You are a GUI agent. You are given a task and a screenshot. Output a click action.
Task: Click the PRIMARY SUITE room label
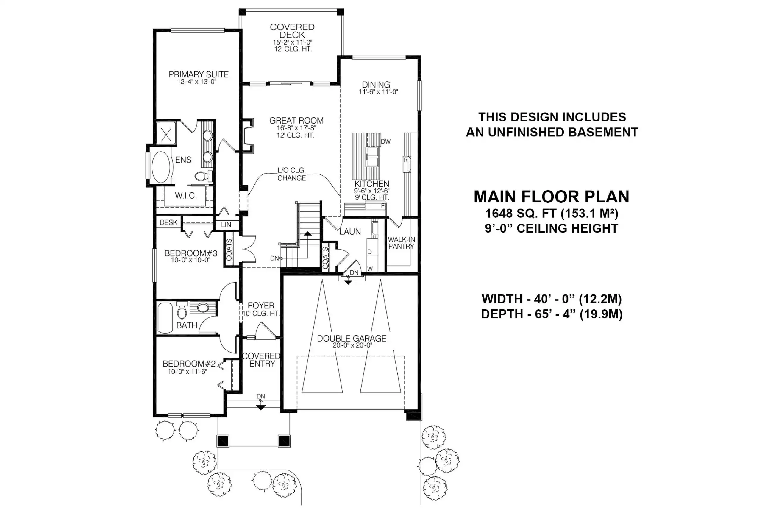(x=199, y=74)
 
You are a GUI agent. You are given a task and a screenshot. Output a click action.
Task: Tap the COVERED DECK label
(x=292, y=31)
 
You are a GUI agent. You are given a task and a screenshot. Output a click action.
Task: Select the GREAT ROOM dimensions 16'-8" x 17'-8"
(x=296, y=128)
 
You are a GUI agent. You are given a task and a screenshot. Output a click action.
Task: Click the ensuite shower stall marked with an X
(x=166, y=133)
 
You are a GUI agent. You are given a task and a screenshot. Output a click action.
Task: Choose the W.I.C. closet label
(x=186, y=196)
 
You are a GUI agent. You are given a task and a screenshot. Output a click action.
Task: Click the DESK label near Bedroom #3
(x=168, y=222)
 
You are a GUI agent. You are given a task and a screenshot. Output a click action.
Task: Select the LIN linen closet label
(x=226, y=225)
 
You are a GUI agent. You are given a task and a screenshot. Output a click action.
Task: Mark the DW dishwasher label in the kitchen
(x=386, y=141)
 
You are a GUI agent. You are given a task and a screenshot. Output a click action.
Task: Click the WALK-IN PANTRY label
(x=401, y=243)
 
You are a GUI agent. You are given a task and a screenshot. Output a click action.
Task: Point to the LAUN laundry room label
(x=350, y=232)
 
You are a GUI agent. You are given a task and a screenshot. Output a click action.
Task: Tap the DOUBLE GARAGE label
(x=352, y=339)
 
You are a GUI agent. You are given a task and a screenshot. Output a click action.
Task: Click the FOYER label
(x=261, y=306)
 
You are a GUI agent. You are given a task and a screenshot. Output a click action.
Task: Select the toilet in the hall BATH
(x=182, y=310)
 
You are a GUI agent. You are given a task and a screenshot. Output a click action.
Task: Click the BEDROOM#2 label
(x=189, y=364)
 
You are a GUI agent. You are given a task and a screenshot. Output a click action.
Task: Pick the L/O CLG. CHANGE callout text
(x=291, y=174)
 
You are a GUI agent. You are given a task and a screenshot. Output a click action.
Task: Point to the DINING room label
(x=376, y=85)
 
